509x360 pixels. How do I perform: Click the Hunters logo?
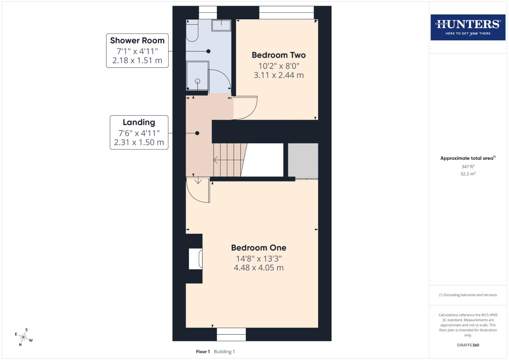click(x=468, y=27)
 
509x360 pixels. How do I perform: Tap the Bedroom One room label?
click(x=258, y=248)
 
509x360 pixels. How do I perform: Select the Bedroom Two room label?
click(x=278, y=55)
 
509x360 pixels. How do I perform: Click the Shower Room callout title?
click(x=137, y=41)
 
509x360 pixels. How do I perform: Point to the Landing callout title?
click(x=139, y=122)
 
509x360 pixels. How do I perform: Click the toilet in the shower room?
click(x=192, y=31)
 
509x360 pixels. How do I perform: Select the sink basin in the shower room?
click(x=222, y=25)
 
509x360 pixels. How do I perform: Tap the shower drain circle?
click(x=197, y=81)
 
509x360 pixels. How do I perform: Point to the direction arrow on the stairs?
click(x=216, y=160)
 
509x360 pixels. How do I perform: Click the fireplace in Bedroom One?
click(x=196, y=259)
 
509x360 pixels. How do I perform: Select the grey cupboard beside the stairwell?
click(x=303, y=161)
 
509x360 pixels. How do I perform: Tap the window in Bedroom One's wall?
click(x=231, y=334)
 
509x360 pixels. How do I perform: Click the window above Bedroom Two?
click(x=286, y=13)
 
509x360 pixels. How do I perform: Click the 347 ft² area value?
click(x=468, y=166)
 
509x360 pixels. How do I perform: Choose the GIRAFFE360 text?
click(x=468, y=345)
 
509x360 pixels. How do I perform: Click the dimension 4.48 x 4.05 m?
click(x=258, y=268)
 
